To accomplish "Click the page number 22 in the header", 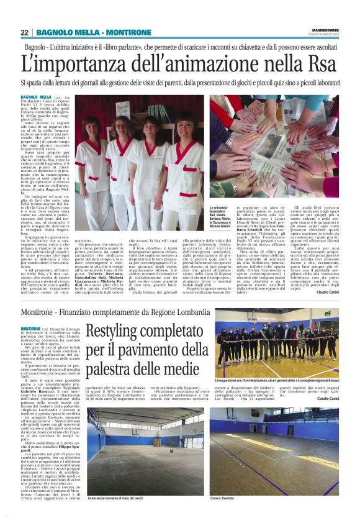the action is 25,32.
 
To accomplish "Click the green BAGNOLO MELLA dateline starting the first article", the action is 35,98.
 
